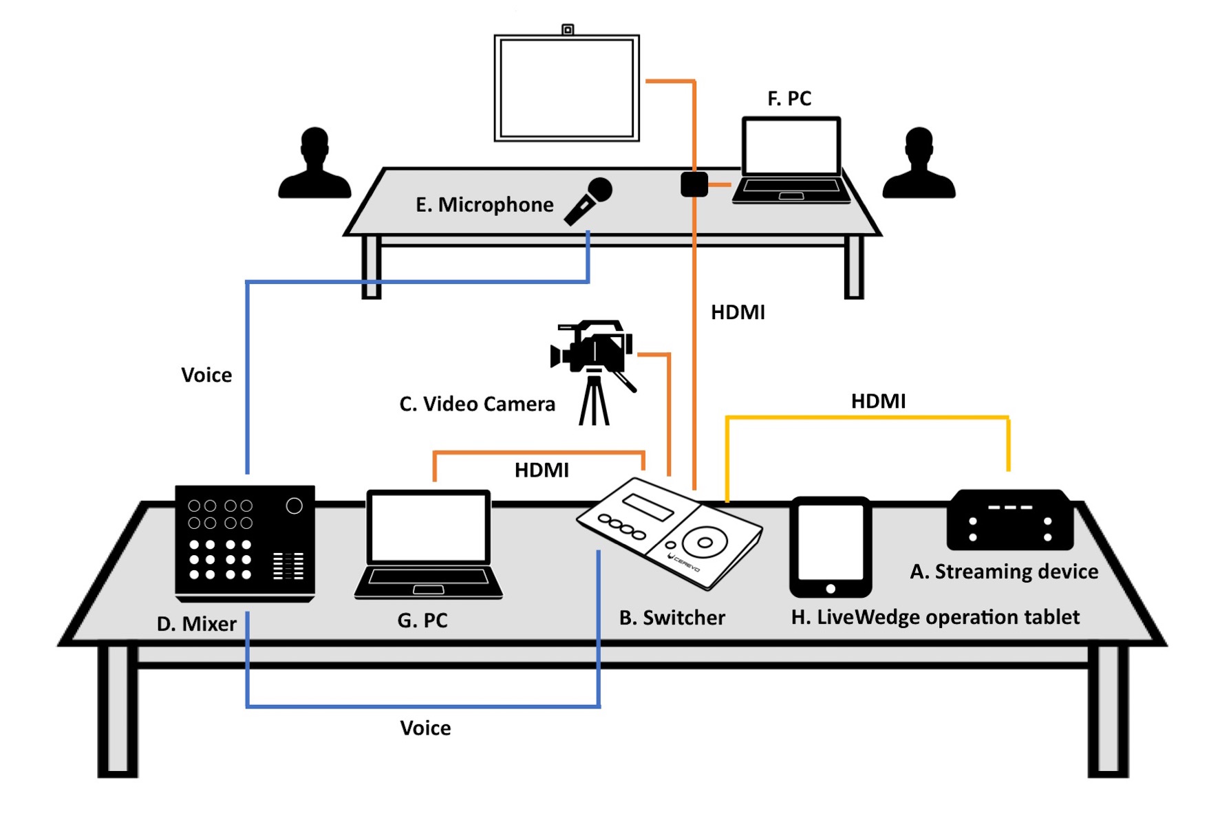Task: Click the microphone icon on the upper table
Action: coord(588,201)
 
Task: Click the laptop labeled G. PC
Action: coord(428,544)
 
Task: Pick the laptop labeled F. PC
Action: coord(791,160)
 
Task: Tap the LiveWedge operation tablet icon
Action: coord(831,547)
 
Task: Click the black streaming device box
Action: coord(1009,520)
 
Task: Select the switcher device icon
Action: coord(670,533)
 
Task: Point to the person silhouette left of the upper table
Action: coord(314,163)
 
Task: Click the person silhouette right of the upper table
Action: coord(919,163)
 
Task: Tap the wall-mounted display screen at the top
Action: coord(567,88)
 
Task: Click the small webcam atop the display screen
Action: coord(568,29)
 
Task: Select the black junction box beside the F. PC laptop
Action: coord(694,184)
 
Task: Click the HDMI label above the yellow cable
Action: coord(878,401)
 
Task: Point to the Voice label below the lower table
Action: coord(425,728)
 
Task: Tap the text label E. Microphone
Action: coord(484,205)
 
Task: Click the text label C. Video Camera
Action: coord(477,404)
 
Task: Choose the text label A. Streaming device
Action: coord(1004,572)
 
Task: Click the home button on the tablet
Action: coord(831,589)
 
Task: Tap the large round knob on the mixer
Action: coord(294,506)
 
